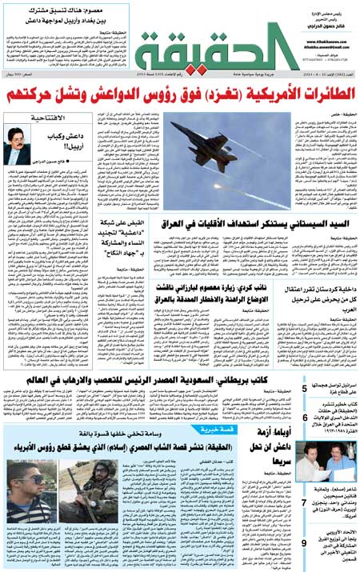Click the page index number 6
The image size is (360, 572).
(x=306, y=418)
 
